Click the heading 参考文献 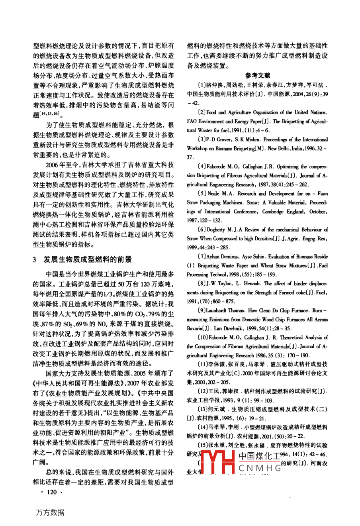tap(257, 75)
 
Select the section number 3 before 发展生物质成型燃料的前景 tap(35, 259)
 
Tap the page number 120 tap(52, 492)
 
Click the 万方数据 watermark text tap(50, 512)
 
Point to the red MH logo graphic tap(217, 463)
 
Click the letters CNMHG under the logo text tap(260, 469)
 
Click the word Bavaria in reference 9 tap(194, 329)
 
